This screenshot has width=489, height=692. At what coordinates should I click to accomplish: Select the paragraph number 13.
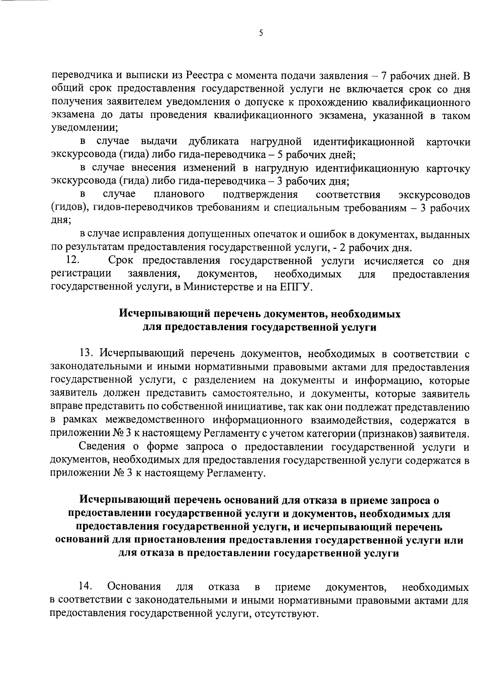point(86,353)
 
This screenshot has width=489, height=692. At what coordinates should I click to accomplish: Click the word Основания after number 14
point(134,587)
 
